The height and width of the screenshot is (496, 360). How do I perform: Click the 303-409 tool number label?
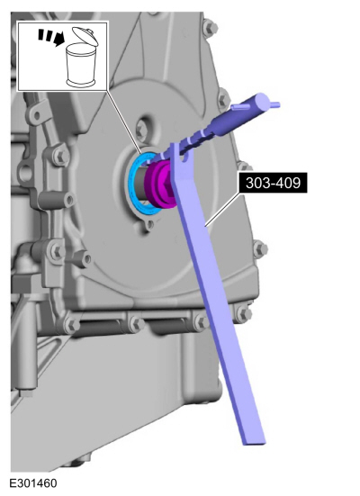[x=273, y=183]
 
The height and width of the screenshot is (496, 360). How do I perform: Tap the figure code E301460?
[x=33, y=483]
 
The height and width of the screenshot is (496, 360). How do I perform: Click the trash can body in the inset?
[x=81, y=65]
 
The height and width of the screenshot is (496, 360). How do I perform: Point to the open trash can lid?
[x=85, y=35]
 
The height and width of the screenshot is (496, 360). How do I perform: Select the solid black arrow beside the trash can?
[x=58, y=39]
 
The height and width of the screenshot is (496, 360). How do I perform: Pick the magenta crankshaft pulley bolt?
[x=161, y=185]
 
